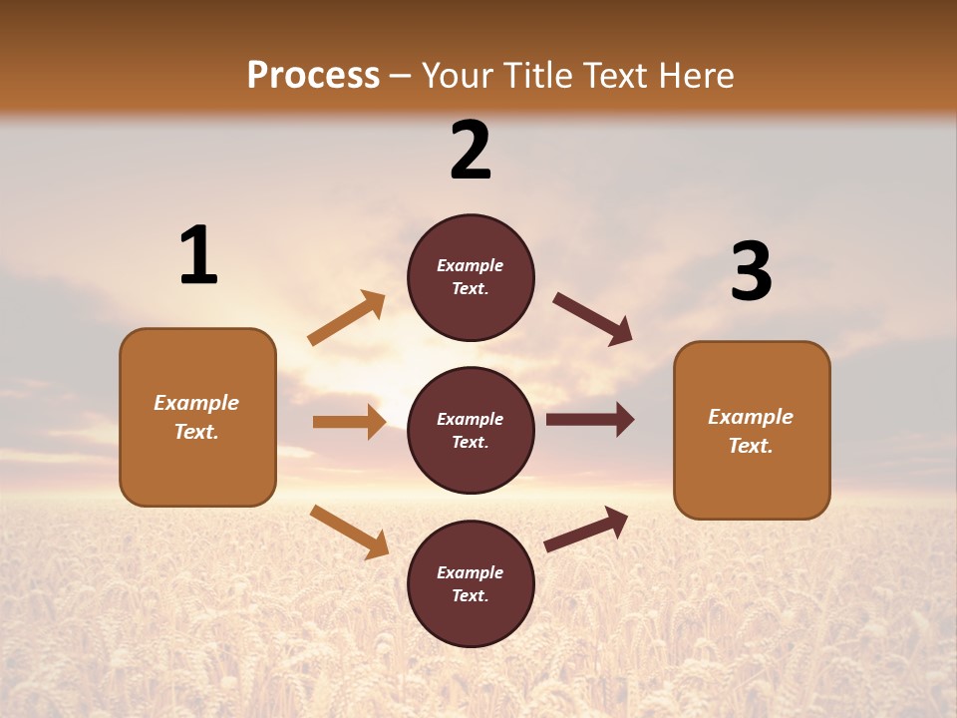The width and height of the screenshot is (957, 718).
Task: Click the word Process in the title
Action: pos(313,76)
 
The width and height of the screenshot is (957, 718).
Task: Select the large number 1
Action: pos(198,256)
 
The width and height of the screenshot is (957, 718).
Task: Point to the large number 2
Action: pos(471,151)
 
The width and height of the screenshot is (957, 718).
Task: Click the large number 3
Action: pos(751,272)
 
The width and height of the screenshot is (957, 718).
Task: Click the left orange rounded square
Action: pos(197,417)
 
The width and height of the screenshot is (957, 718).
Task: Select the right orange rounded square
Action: pos(752,431)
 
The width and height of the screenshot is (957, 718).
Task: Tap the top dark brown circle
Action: pos(471,277)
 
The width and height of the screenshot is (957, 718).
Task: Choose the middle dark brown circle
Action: pos(471,430)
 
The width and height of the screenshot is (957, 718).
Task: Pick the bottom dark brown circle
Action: pos(471,583)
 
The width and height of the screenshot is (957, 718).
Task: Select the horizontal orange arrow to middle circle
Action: pos(349,422)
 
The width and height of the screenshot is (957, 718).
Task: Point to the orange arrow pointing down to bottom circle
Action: pos(349,531)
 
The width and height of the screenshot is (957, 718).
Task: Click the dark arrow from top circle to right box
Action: pos(592,319)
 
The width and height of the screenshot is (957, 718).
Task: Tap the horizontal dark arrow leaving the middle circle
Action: pos(589,420)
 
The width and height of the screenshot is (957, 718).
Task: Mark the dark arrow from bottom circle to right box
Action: pos(586,530)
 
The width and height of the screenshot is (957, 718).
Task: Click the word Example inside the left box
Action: pos(196,403)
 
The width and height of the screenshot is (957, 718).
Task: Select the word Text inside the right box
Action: pos(750,446)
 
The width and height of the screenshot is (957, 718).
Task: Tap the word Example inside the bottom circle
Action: pos(470,572)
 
